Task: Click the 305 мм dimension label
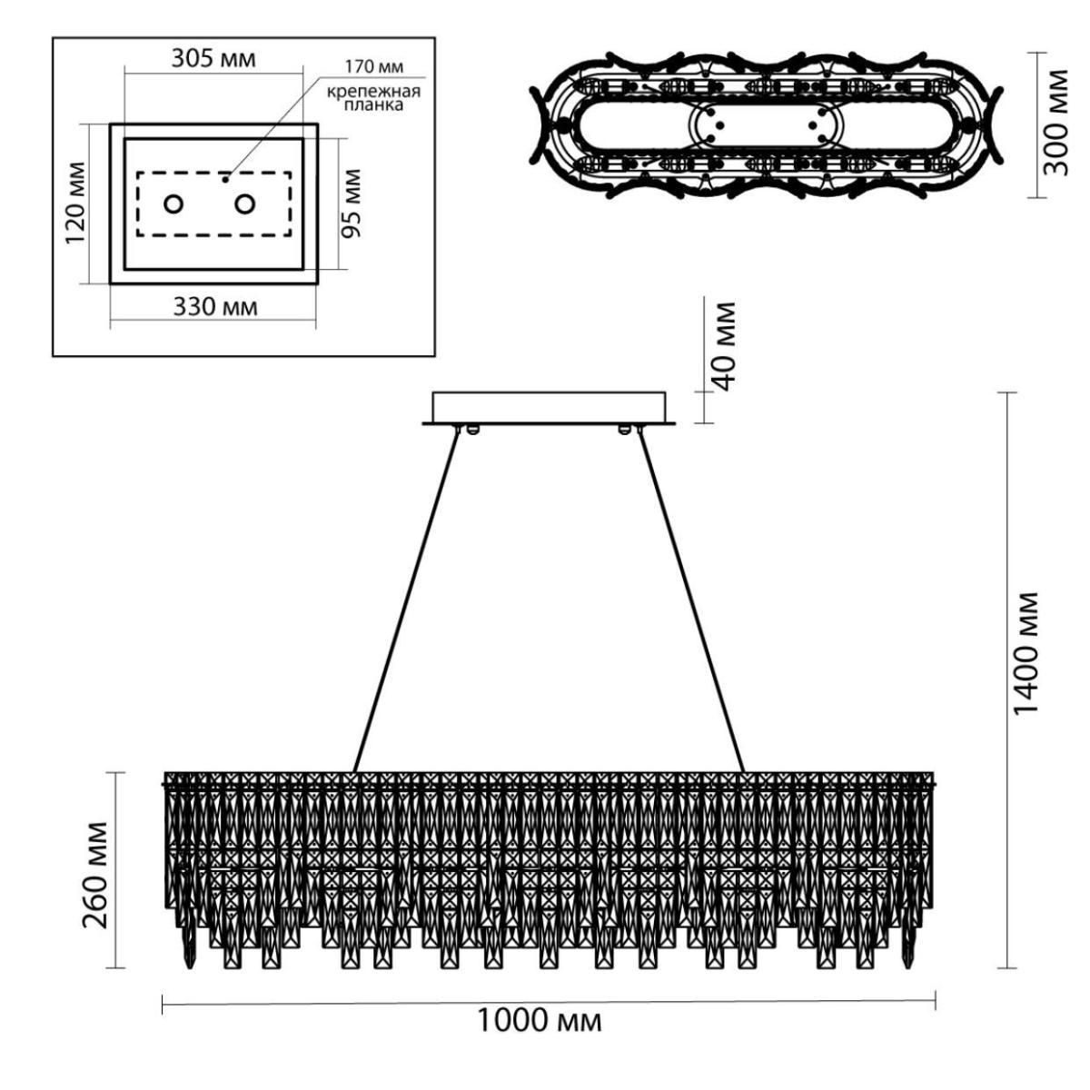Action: click(x=213, y=59)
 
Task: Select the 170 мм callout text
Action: click(x=374, y=67)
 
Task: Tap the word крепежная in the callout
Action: click(x=374, y=92)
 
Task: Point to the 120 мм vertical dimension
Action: click(x=75, y=203)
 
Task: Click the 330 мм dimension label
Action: click(x=215, y=307)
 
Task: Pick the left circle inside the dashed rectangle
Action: click(x=173, y=203)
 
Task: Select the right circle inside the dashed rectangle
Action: click(x=245, y=203)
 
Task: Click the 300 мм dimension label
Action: click(x=1055, y=123)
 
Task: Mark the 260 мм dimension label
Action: click(x=95, y=884)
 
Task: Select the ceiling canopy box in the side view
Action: click(x=549, y=408)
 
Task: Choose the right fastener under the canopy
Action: click(x=624, y=430)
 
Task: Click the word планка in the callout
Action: click(x=374, y=105)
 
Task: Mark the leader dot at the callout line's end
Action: click(x=225, y=179)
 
